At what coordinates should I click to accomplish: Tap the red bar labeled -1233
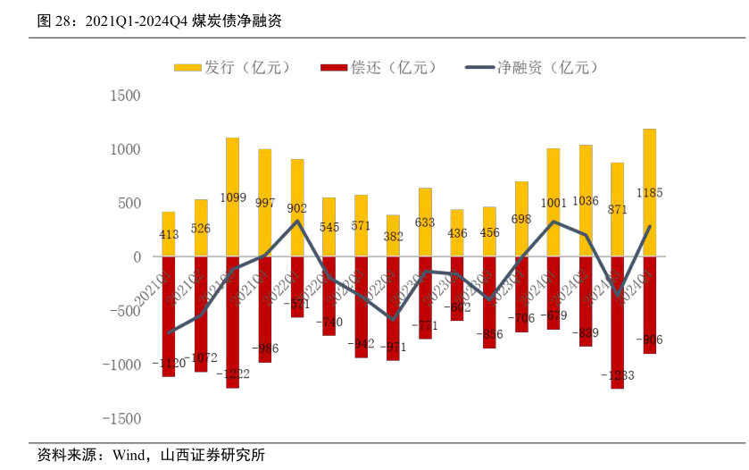617,322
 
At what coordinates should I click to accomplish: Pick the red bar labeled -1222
232,322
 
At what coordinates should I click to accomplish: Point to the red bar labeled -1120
168,317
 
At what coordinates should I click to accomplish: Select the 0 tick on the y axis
137,257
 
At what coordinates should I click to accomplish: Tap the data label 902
297,208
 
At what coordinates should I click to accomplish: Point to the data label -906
649,340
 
